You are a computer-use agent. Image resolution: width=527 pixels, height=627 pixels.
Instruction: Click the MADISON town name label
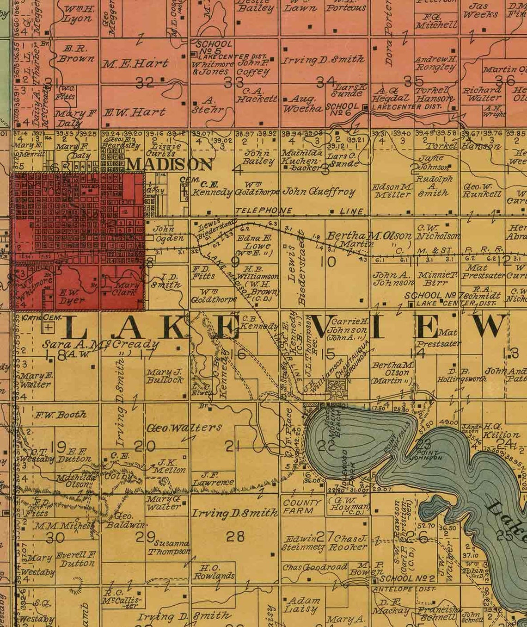click(x=170, y=164)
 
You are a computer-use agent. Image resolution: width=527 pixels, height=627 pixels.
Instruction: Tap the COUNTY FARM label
click(x=302, y=507)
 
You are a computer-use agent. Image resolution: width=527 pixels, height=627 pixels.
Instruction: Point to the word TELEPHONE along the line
click(x=263, y=211)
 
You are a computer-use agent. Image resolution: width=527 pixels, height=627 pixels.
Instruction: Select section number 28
click(x=235, y=536)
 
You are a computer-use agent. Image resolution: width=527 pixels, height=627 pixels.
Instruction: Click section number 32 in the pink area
click(x=145, y=83)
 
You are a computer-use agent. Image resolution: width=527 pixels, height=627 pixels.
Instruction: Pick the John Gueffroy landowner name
click(x=319, y=192)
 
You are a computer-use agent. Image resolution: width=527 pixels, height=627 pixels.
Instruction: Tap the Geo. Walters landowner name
click(x=184, y=428)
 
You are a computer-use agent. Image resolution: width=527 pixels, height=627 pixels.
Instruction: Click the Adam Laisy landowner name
click(x=302, y=605)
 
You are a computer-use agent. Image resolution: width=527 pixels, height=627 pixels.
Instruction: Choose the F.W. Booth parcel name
click(x=61, y=415)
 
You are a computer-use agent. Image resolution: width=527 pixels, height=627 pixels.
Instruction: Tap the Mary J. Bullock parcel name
click(x=165, y=376)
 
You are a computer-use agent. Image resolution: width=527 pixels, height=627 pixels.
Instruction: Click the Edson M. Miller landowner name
click(x=392, y=191)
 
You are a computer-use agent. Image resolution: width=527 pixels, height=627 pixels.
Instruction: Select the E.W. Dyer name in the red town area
click(x=72, y=297)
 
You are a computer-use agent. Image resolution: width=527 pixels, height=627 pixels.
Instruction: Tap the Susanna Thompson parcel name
click(x=169, y=547)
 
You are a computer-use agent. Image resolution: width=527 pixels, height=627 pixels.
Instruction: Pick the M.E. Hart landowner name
click(x=134, y=63)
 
